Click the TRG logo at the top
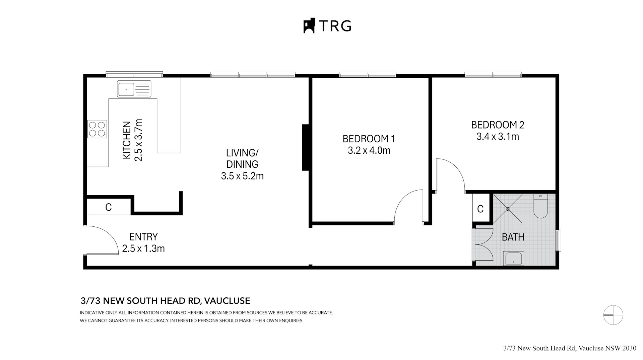327,26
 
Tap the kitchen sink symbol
134,89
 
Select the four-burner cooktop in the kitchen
97,129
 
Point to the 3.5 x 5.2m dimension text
242,176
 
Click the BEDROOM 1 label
369,139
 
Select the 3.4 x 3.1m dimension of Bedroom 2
498,137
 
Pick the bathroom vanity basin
514,259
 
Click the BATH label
513,237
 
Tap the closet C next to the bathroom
480,209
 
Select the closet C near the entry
108,207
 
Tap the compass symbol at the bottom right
613,315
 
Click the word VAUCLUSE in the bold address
227,301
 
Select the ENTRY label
143,237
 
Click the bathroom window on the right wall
558,240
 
